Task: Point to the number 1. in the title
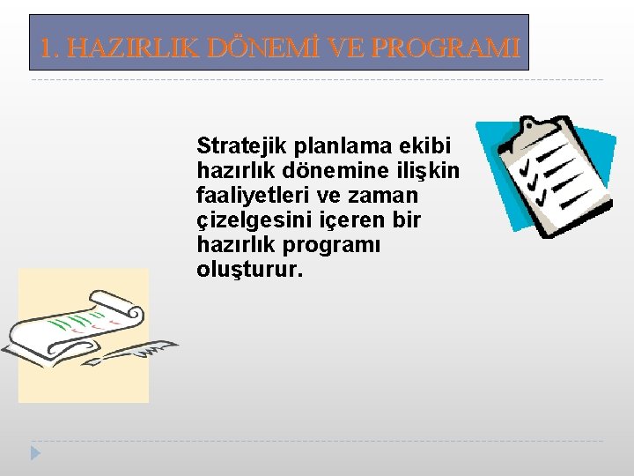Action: [x=51, y=48]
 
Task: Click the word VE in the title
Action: [x=343, y=48]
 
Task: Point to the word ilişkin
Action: [x=428, y=170]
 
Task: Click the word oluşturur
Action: [x=249, y=271]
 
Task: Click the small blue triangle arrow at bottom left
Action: [x=35, y=454]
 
